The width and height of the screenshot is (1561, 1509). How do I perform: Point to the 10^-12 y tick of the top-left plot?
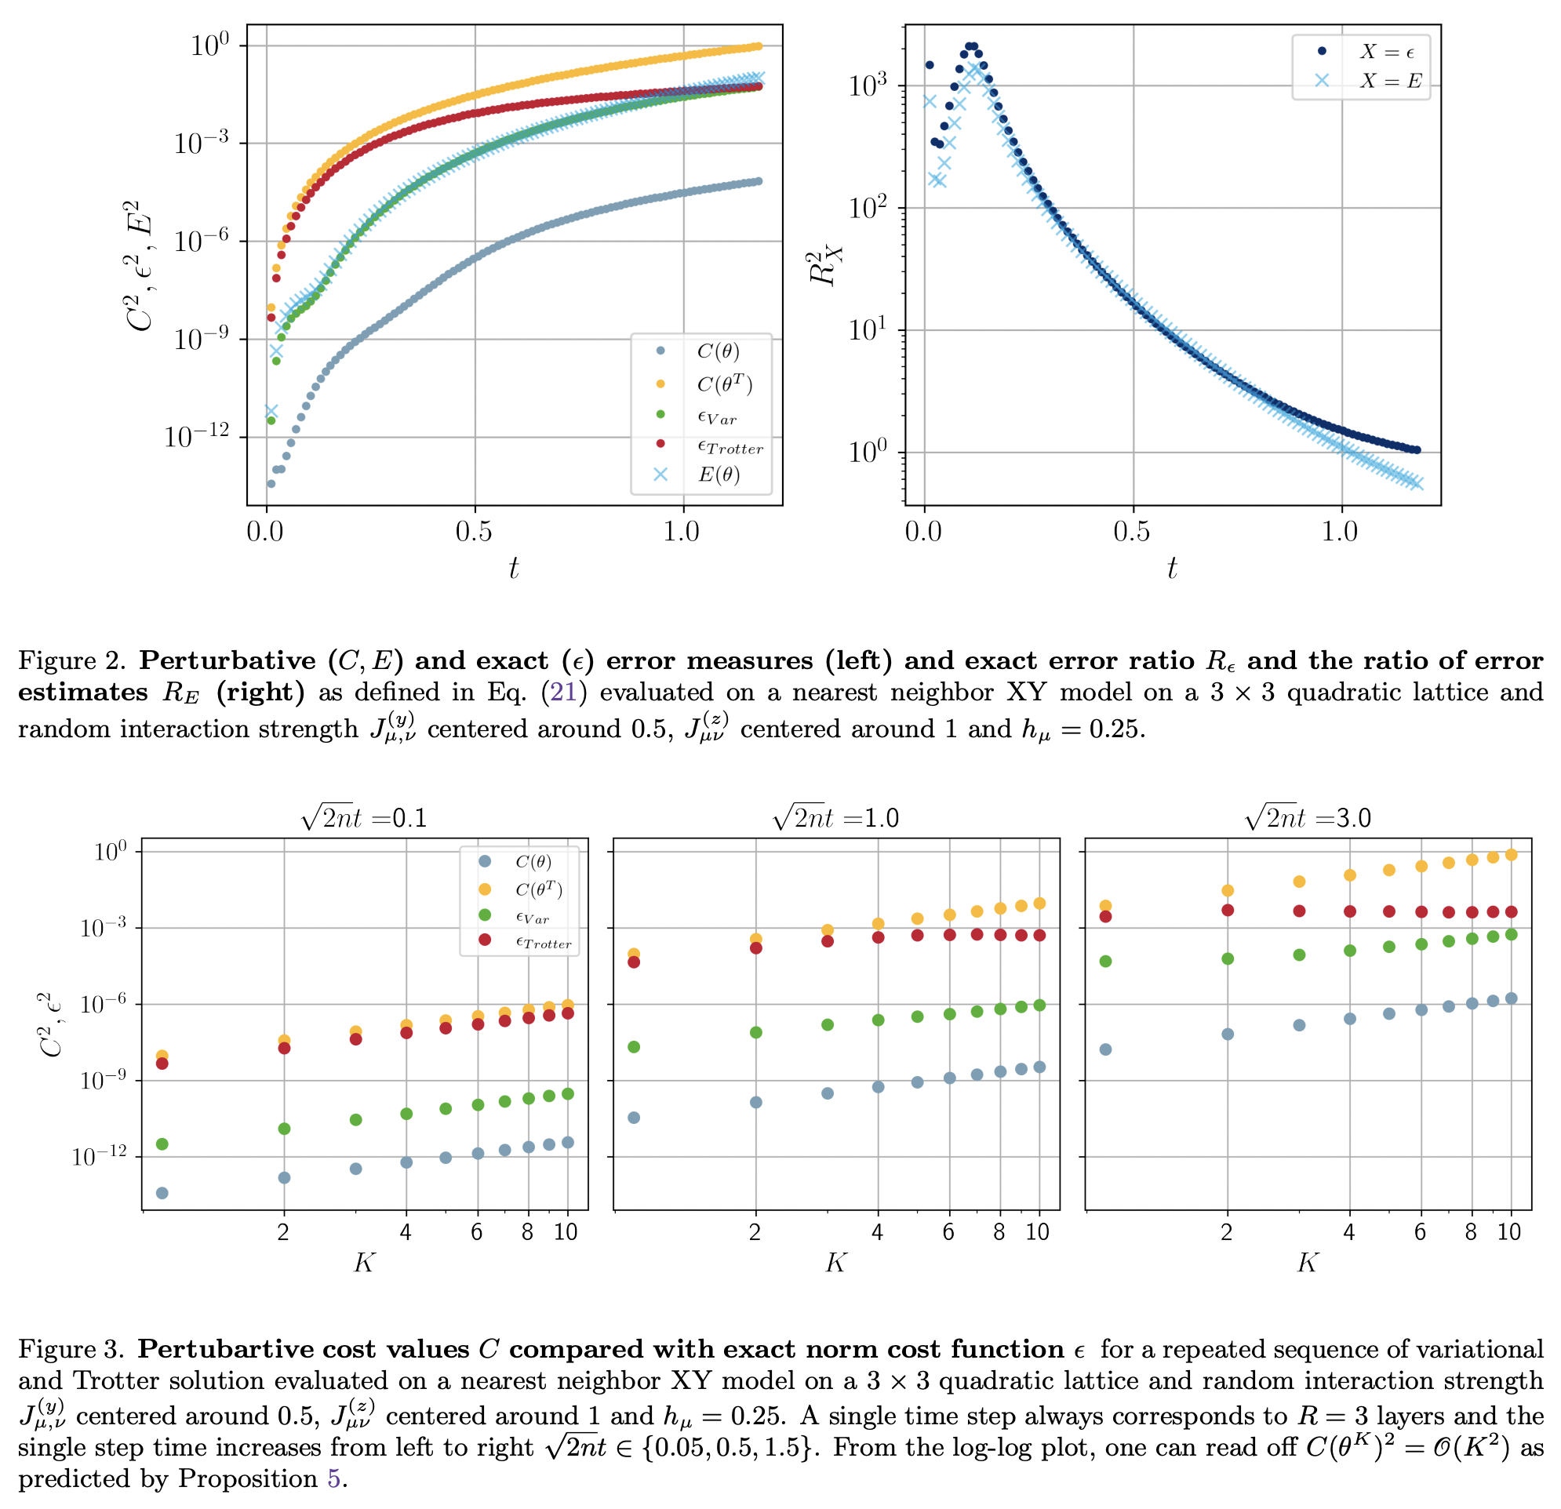[197, 436]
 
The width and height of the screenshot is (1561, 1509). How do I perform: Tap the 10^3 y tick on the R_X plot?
[874, 85]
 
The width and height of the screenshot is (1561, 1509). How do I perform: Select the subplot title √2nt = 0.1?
[364, 818]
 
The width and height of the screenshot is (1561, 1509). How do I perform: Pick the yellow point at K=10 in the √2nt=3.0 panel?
[1511, 854]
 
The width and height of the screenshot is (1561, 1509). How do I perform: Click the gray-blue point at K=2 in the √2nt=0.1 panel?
[284, 1177]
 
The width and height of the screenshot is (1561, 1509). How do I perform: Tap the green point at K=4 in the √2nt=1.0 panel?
[878, 1020]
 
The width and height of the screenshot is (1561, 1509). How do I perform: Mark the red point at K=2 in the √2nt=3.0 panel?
[1228, 909]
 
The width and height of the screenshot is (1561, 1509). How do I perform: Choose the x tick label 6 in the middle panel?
[948, 1232]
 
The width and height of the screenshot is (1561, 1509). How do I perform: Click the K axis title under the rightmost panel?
[1307, 1262]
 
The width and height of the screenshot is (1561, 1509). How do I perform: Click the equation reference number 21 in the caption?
[563, 691]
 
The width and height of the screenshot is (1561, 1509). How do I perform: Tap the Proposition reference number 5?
[333, 1478]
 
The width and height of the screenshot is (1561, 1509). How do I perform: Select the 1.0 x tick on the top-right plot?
[1341, 531]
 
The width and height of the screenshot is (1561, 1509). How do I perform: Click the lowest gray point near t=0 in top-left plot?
[271, 483]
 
